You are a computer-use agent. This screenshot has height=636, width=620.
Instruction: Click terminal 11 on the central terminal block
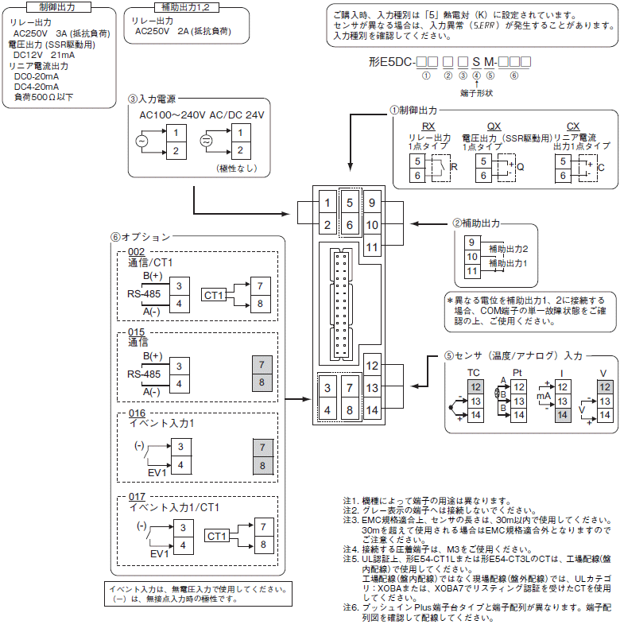coord(372,247)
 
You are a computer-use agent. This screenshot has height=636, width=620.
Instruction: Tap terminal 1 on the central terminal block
coord(327,203)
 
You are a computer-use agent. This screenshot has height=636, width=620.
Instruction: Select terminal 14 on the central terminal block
coord(372,410)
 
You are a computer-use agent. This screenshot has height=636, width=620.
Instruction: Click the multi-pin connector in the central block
coord(341,304)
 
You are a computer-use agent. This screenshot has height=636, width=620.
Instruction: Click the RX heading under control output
coord(428,126)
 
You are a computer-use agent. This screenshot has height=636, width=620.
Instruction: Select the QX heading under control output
coord(494,126)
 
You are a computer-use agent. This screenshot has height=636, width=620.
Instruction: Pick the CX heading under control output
coord(573,126)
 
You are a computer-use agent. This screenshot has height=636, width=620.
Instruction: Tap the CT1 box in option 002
coord(213,295)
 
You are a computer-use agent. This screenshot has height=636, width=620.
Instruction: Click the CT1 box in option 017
coord(216,536)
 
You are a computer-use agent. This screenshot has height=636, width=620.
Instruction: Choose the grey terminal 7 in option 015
coord(262,365)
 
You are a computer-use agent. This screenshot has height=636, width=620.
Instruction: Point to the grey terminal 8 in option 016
coord(262,465)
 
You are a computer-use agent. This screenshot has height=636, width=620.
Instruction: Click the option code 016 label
coord(137,413)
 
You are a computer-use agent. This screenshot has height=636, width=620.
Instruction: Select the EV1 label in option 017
coord(159,553)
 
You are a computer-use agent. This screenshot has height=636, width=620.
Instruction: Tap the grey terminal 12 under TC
coord(475,387)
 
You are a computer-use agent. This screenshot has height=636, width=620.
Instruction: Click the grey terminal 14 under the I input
coord(562,415)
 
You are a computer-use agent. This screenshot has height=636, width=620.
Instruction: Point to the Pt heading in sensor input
coord(517,372)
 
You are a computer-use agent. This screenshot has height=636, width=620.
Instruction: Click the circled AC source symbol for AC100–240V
coord(141,141)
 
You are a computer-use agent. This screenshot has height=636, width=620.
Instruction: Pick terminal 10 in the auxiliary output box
coord(472,256)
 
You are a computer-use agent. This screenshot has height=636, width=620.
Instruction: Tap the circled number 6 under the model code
coord(513,76)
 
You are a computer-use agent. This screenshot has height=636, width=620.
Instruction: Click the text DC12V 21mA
coord(45,55)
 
